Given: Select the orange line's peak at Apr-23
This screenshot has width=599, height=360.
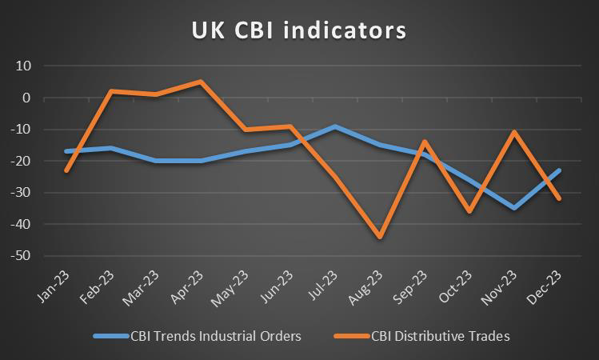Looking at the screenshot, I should coord(200,82).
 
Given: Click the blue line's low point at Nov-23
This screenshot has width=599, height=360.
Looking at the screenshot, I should coord(513,208).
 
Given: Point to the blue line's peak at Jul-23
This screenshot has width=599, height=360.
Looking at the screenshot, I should coord(334,126).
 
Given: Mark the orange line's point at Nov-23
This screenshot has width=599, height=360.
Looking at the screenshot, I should coord(513,132).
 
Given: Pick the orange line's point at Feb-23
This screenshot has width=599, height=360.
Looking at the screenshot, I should coord(111,91).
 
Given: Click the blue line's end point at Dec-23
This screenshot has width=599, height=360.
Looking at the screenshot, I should coord(558,170).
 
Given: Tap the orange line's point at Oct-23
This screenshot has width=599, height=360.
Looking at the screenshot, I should coord(469,211).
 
